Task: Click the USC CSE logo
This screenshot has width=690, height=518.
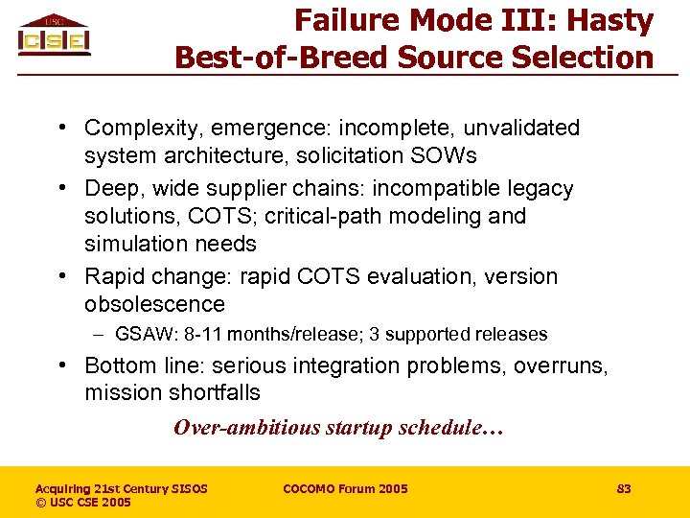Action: (x=54, y=35)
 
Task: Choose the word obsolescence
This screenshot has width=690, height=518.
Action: (x=154, y=304)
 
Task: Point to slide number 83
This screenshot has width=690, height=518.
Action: (x=624, y=489)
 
